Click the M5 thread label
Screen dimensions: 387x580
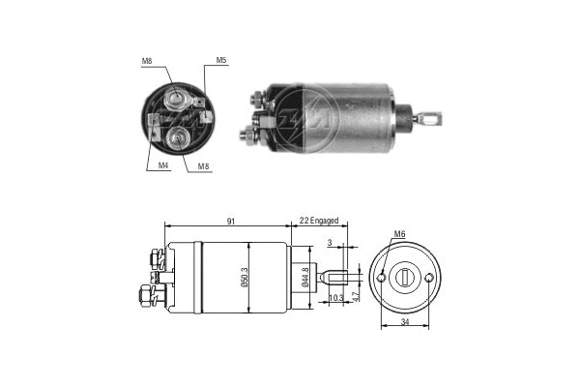coord(221,61)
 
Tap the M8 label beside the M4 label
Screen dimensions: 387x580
coord(205,166)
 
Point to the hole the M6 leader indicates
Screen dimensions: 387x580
coord(384,278)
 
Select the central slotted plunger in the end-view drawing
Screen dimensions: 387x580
coord(405,279)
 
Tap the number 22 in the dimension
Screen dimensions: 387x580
coord(304,222)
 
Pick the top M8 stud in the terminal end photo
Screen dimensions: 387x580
coord(177,98)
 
